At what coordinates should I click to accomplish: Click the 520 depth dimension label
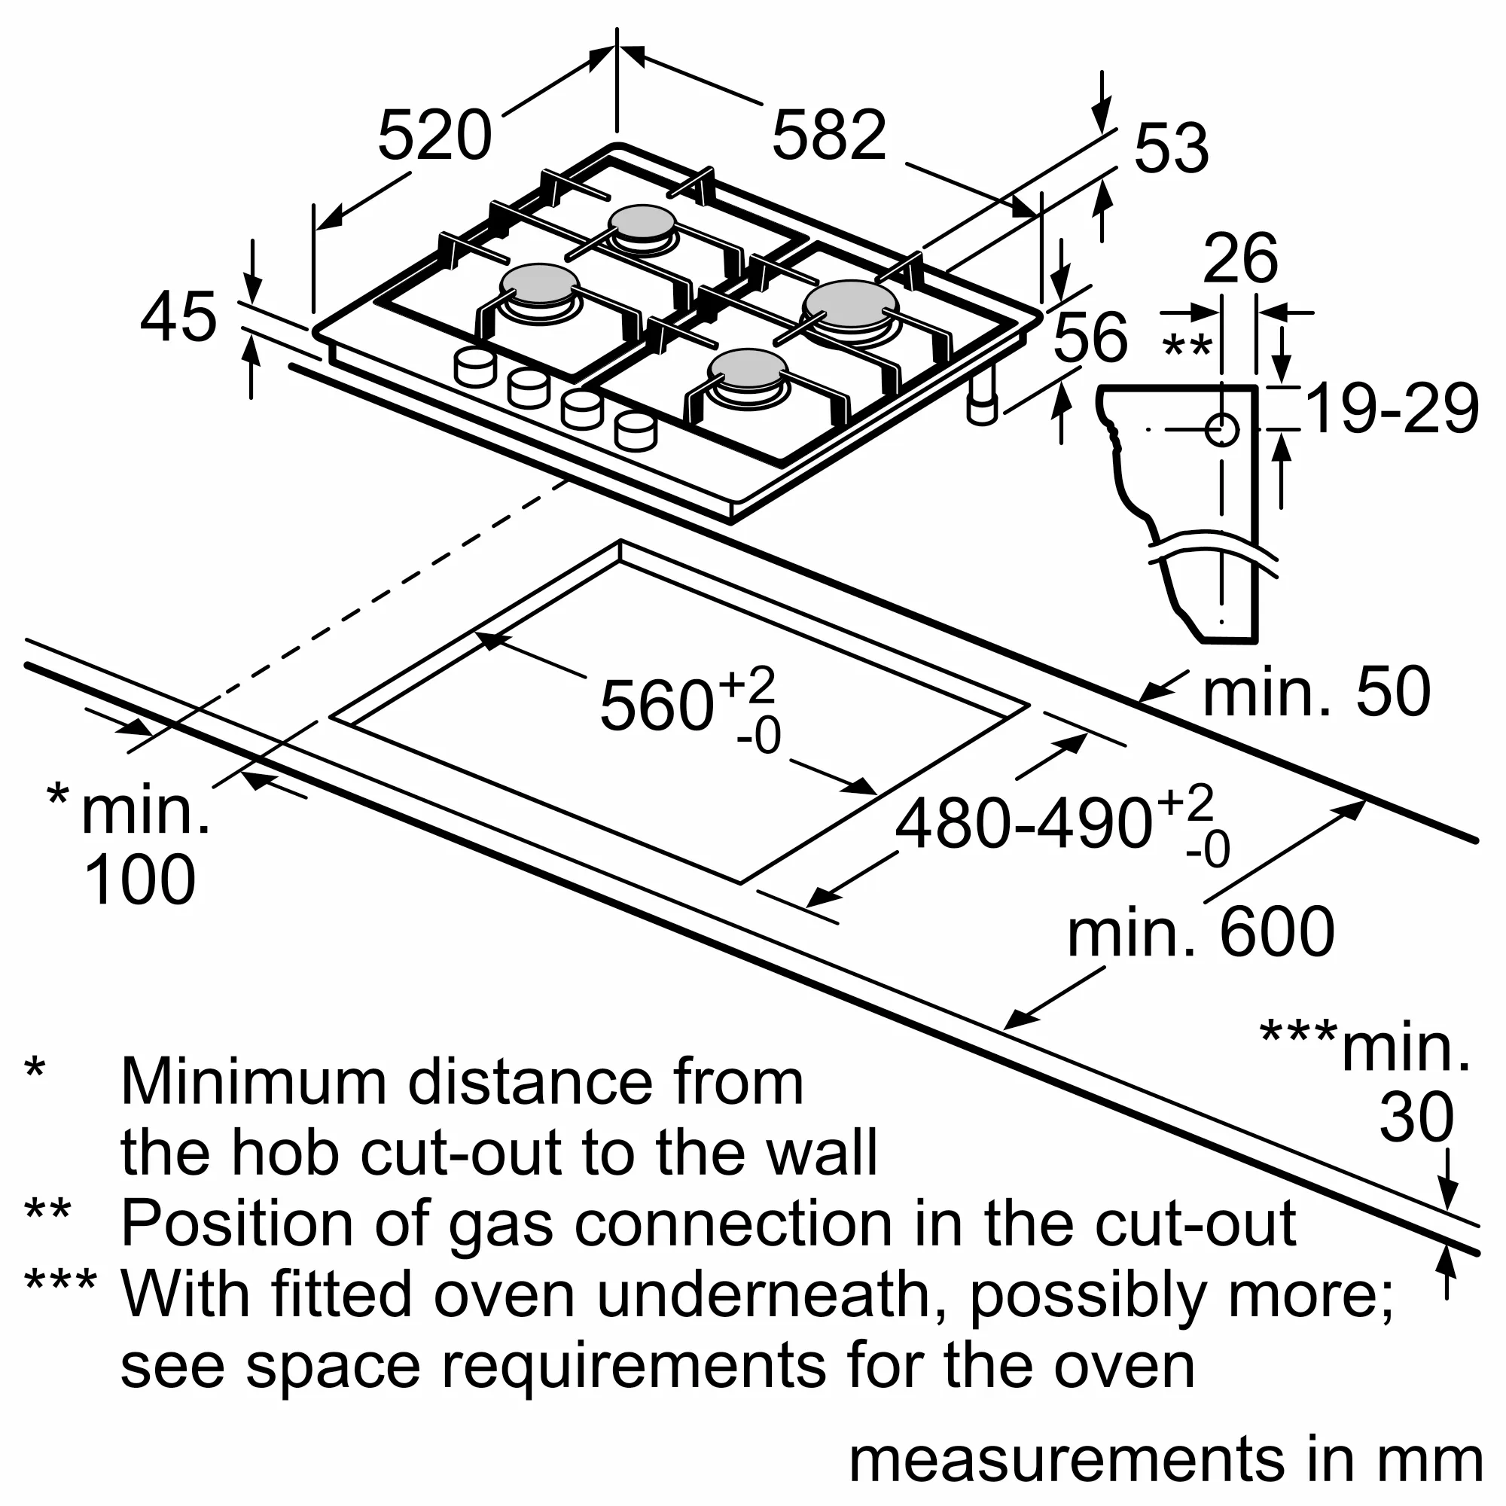(434, 136)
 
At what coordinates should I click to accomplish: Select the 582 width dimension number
(828, 136)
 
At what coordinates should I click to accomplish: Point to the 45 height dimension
(178, 317)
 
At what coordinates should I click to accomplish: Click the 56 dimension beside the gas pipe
(1090, 337)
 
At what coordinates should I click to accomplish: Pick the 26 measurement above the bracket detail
(1240, 259)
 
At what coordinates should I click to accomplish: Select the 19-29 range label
(1392, 409)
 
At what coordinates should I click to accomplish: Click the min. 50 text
(1316, 691)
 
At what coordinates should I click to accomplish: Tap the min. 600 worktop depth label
(1201, 933)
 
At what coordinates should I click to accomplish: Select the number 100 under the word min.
(139, 880)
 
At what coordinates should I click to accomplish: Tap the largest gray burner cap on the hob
(851, 305)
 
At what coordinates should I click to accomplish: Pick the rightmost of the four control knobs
(636, 431)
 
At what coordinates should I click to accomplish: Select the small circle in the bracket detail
(1221, 429)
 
